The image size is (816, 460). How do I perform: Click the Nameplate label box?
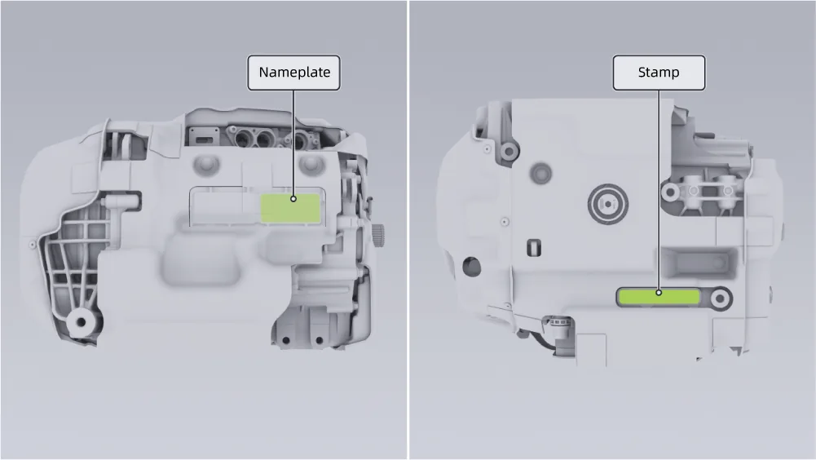293,73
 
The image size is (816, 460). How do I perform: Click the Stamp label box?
659,73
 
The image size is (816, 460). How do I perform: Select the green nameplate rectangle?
290,208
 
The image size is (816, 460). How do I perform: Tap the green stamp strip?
659,297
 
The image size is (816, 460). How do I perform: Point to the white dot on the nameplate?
293,199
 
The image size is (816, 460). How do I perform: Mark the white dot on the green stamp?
659,293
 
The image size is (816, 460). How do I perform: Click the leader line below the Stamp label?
659,190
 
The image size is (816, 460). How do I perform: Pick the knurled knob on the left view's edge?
378,235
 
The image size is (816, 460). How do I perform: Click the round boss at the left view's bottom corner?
81,322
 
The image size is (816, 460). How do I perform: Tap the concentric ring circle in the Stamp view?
608,204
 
